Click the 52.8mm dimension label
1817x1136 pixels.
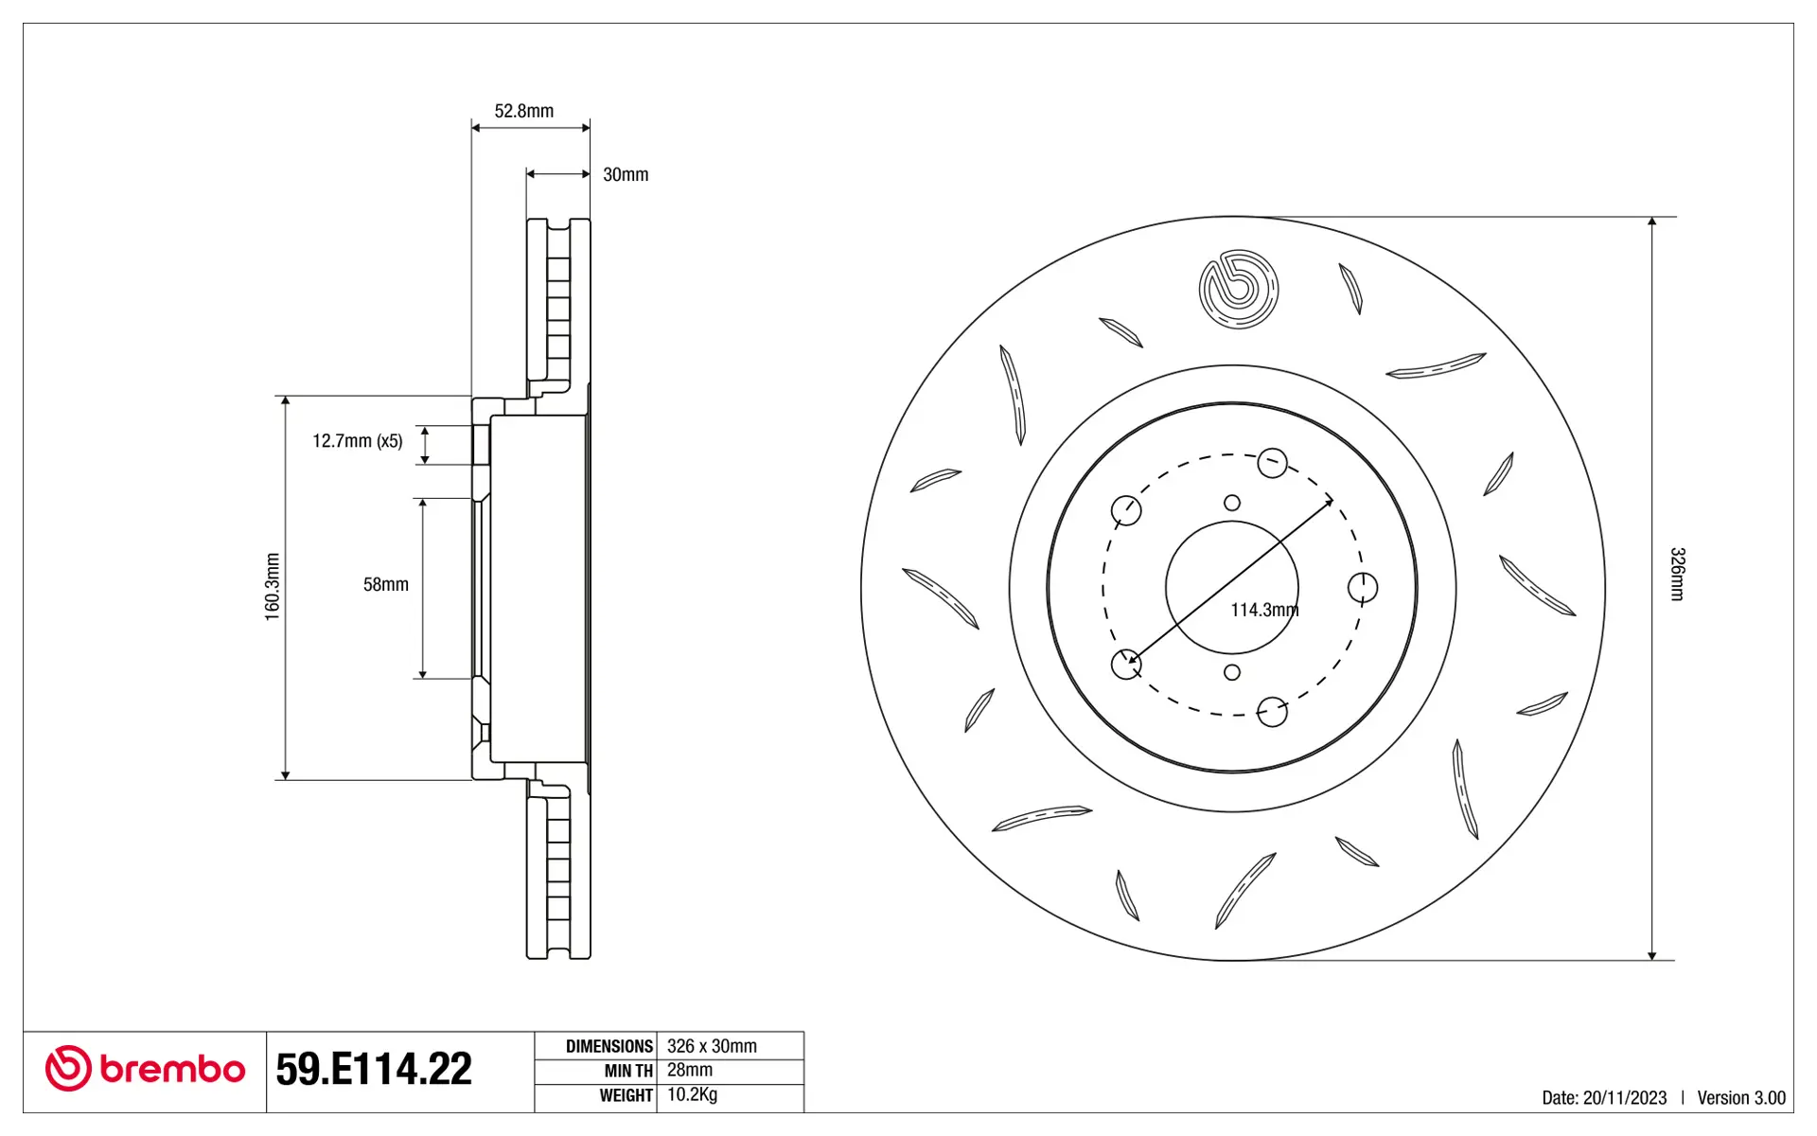point(523,111)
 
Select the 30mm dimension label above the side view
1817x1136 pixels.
point(626,174)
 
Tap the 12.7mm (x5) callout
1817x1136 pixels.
point(358,441)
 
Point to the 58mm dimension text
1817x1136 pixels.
point(386,585)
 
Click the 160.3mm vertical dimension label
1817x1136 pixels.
point(273,587)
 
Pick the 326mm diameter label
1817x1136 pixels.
point(1677,574)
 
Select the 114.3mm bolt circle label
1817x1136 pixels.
point(1264,610)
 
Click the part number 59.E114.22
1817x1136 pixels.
point(374,1069)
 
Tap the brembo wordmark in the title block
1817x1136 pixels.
point(172,1070)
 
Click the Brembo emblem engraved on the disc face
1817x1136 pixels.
point(1238,290)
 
